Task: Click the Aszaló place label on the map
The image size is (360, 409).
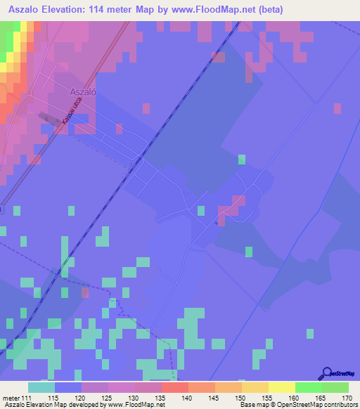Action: click(83, 91)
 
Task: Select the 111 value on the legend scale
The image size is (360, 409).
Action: click(27, 398)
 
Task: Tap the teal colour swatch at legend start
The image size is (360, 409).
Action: click(41, 387)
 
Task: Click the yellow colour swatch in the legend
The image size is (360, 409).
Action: click(281, 387)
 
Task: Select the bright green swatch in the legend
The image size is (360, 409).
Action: click(308, 387)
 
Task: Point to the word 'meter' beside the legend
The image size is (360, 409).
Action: click(11, 398)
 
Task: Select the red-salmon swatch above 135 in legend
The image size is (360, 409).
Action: click(174, 387)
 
